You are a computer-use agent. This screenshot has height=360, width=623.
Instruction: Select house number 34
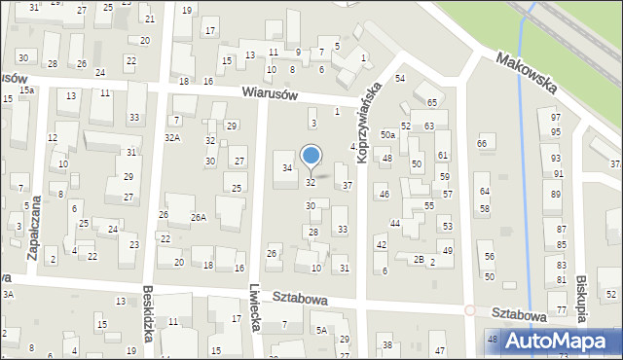point(287,168)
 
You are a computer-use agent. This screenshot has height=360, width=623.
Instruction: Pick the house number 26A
point(199,217)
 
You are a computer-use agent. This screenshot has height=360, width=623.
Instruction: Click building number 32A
point(172,138)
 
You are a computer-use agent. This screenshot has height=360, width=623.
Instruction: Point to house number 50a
point(387,133)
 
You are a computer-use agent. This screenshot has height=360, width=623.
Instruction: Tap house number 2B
point(418,259)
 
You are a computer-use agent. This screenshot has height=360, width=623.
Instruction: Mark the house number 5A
point(320,331)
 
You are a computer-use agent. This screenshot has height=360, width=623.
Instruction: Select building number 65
point(431,102)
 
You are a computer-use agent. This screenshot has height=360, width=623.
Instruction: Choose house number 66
point(481,144)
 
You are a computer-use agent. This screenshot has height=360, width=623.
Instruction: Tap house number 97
point(555,117)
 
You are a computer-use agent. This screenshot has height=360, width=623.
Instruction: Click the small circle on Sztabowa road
point(469,310)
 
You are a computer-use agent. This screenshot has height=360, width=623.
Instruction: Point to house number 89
point(556,196)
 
